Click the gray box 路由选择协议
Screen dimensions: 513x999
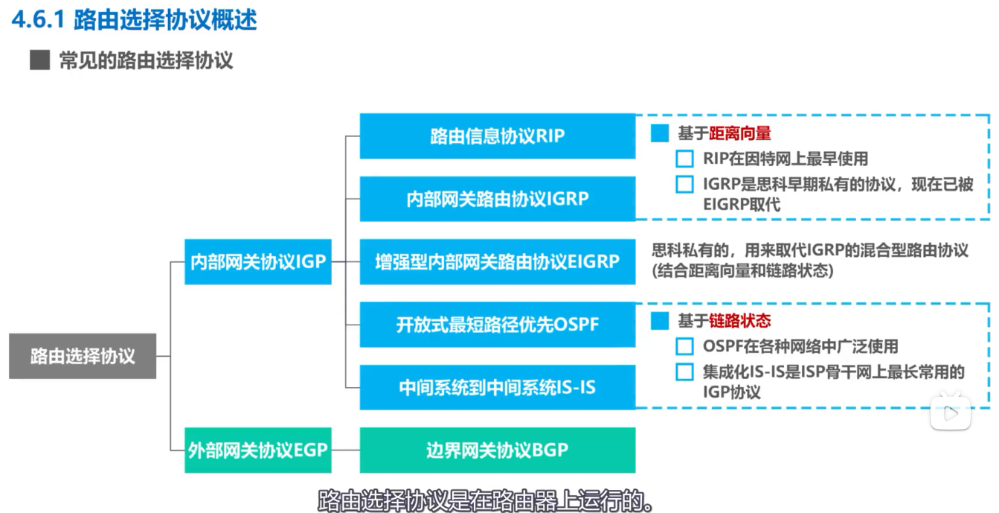(83, 356)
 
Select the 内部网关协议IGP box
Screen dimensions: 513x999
(258, 261)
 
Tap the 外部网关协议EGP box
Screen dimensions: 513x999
(258, 450)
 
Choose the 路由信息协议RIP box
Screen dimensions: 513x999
(497, 136)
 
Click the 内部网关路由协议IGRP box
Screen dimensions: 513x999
(497, 199)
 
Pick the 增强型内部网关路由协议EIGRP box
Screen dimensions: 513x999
(497, 261)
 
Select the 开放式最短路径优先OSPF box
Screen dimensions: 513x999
(497, 325)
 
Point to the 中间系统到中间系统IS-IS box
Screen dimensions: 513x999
(497, 387)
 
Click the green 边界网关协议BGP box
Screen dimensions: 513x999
(497, 450)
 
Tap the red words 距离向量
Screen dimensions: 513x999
(739, 134)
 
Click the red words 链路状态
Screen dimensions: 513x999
(739, 321)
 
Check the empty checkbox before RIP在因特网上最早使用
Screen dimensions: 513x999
(684, 159)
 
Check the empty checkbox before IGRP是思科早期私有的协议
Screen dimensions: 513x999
(684, 184)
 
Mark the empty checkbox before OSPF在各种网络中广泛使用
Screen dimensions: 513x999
(684, 346)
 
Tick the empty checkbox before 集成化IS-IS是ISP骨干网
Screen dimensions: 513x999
(684, 372)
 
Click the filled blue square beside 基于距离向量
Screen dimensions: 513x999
(660, 134)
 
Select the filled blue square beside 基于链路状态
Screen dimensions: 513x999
(660, 321)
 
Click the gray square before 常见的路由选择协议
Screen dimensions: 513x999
(39, 60)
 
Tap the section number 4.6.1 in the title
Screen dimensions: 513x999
(38, 19)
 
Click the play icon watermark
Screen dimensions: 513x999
(950, 412)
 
